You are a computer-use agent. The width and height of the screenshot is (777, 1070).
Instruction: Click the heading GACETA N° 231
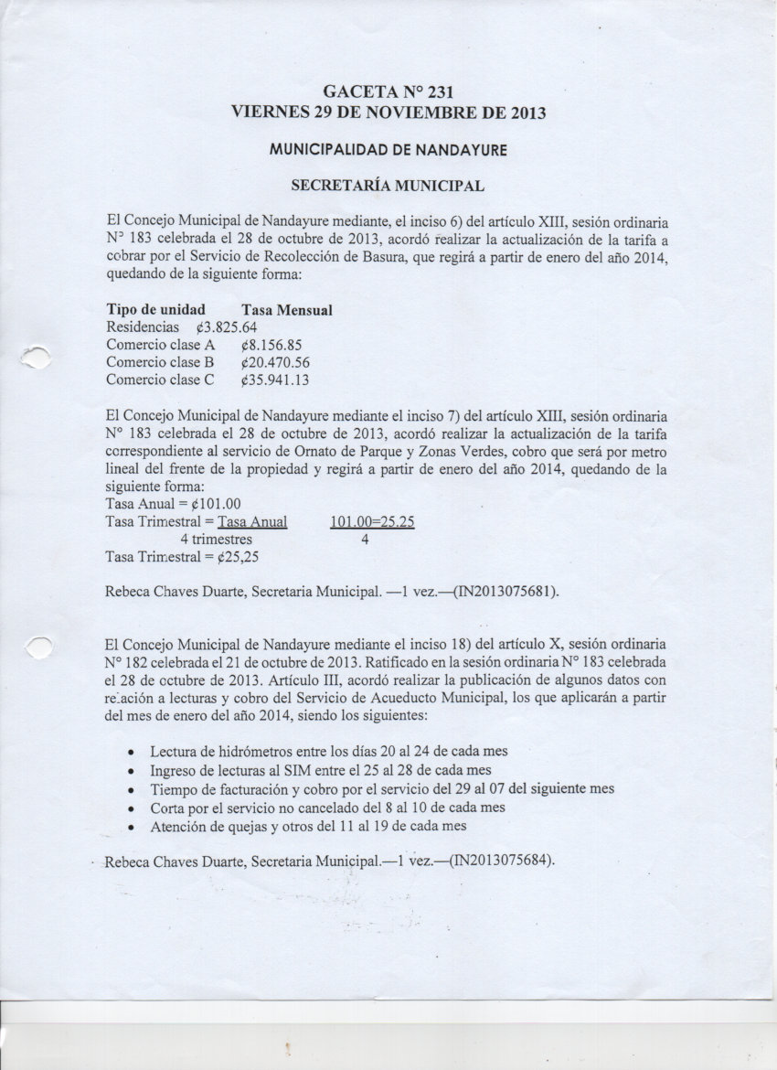point(389,92)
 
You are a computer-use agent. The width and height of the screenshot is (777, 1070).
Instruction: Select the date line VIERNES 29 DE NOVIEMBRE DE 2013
point(388,114)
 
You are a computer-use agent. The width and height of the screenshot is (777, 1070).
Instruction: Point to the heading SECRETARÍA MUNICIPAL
point(387,186)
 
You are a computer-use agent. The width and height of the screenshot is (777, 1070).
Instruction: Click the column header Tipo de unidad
point(155,310)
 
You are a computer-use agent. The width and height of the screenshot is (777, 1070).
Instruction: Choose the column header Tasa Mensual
point(286,310)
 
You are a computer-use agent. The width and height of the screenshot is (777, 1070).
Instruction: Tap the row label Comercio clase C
point(160,380)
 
